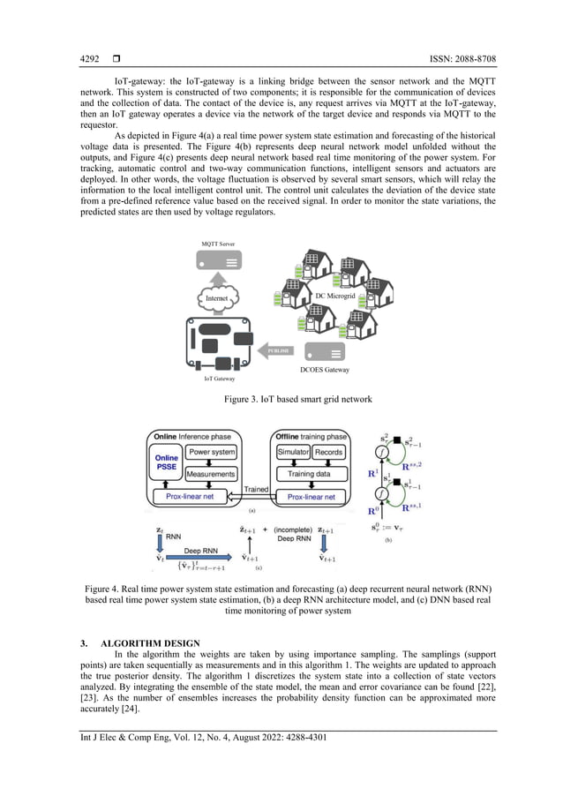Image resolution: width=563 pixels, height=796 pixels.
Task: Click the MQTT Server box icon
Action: tap(217, 262)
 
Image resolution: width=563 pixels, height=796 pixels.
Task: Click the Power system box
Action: tap(212, 452)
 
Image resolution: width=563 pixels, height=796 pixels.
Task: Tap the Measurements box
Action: tap(212, 474)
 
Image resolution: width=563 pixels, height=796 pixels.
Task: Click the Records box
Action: tap(328, 452)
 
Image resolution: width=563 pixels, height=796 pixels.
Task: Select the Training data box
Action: tap(311, 474)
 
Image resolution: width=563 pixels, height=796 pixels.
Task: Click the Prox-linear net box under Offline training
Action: tap(310, 496)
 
